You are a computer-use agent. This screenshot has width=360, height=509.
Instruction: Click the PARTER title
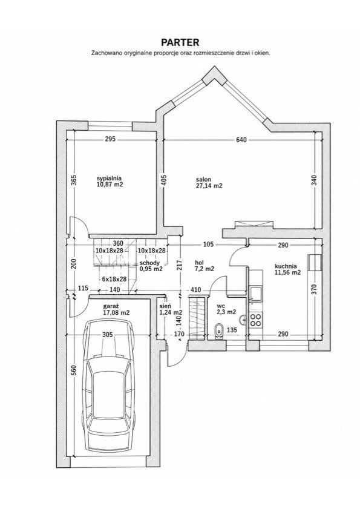point(180,42)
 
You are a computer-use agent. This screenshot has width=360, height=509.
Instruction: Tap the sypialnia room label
point(110,178)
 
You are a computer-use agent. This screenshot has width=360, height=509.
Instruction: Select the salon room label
point(203,179)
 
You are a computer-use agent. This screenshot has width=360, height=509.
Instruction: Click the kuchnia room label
point(285,266)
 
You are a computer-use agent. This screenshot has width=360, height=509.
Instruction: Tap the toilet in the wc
point(220,332)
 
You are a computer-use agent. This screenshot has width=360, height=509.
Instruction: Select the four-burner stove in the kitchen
point(255,320)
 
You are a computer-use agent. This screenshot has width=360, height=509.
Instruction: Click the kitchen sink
point(255,294)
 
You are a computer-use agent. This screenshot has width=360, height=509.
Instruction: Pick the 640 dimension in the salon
point(241,140)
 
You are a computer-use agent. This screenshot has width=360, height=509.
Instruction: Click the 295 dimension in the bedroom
point(110,140)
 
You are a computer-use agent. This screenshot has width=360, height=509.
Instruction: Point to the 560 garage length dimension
point(74,370)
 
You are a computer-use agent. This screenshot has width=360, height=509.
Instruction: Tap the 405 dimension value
point(163,180)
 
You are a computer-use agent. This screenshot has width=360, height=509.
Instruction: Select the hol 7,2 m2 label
point(205,266)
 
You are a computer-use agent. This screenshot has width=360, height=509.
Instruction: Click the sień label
point(163,306)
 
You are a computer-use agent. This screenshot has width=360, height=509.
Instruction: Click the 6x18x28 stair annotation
point(114,279)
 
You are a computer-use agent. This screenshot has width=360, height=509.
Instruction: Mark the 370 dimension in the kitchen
point(313,289)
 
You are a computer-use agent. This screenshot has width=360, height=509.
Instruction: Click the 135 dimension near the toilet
point(232,330)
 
